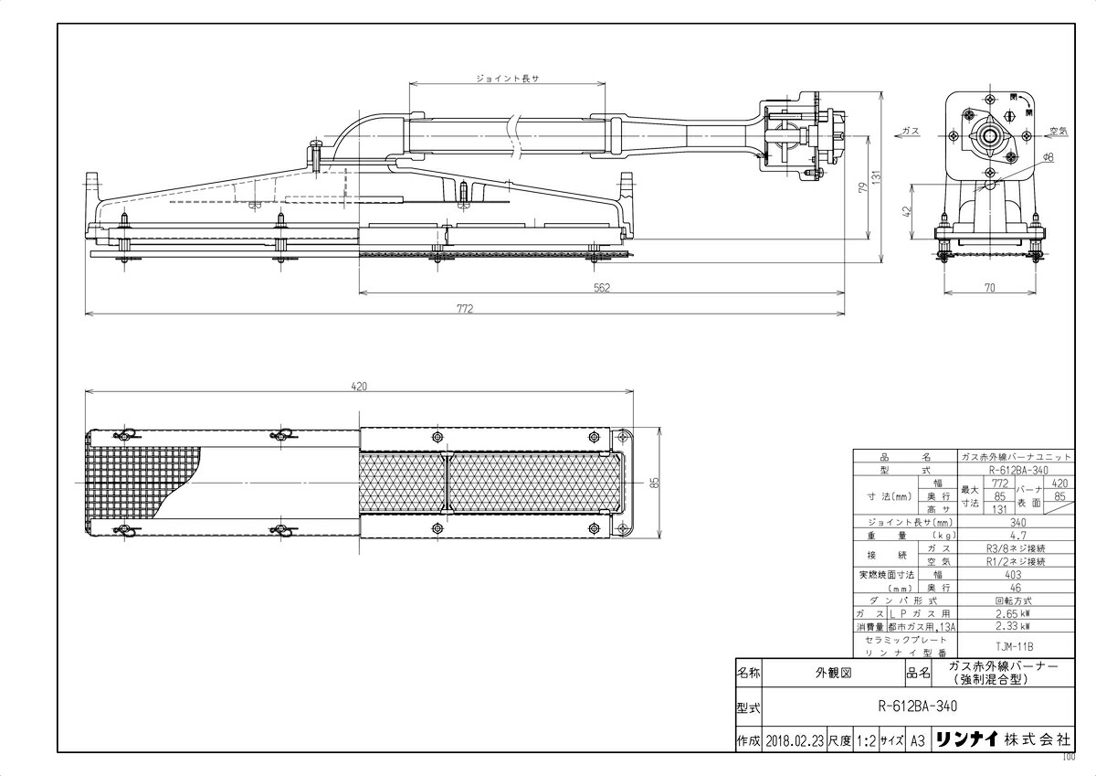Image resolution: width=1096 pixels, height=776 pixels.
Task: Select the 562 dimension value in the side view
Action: tap(601, 287)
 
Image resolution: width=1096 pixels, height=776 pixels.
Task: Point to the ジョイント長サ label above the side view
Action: tap(508, 79)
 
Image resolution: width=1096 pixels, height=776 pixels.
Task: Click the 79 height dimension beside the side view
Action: tap(859, 188)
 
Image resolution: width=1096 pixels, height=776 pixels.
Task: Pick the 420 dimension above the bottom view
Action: tap(359, 387)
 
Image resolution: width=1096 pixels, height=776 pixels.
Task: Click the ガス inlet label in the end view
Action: tap(910, 132)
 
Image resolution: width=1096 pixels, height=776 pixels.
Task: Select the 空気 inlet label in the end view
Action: tap(1059, 131)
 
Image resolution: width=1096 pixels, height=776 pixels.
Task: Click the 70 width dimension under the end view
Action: tap(989, 288)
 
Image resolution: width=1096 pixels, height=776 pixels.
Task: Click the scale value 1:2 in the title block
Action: tap(866, 740)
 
